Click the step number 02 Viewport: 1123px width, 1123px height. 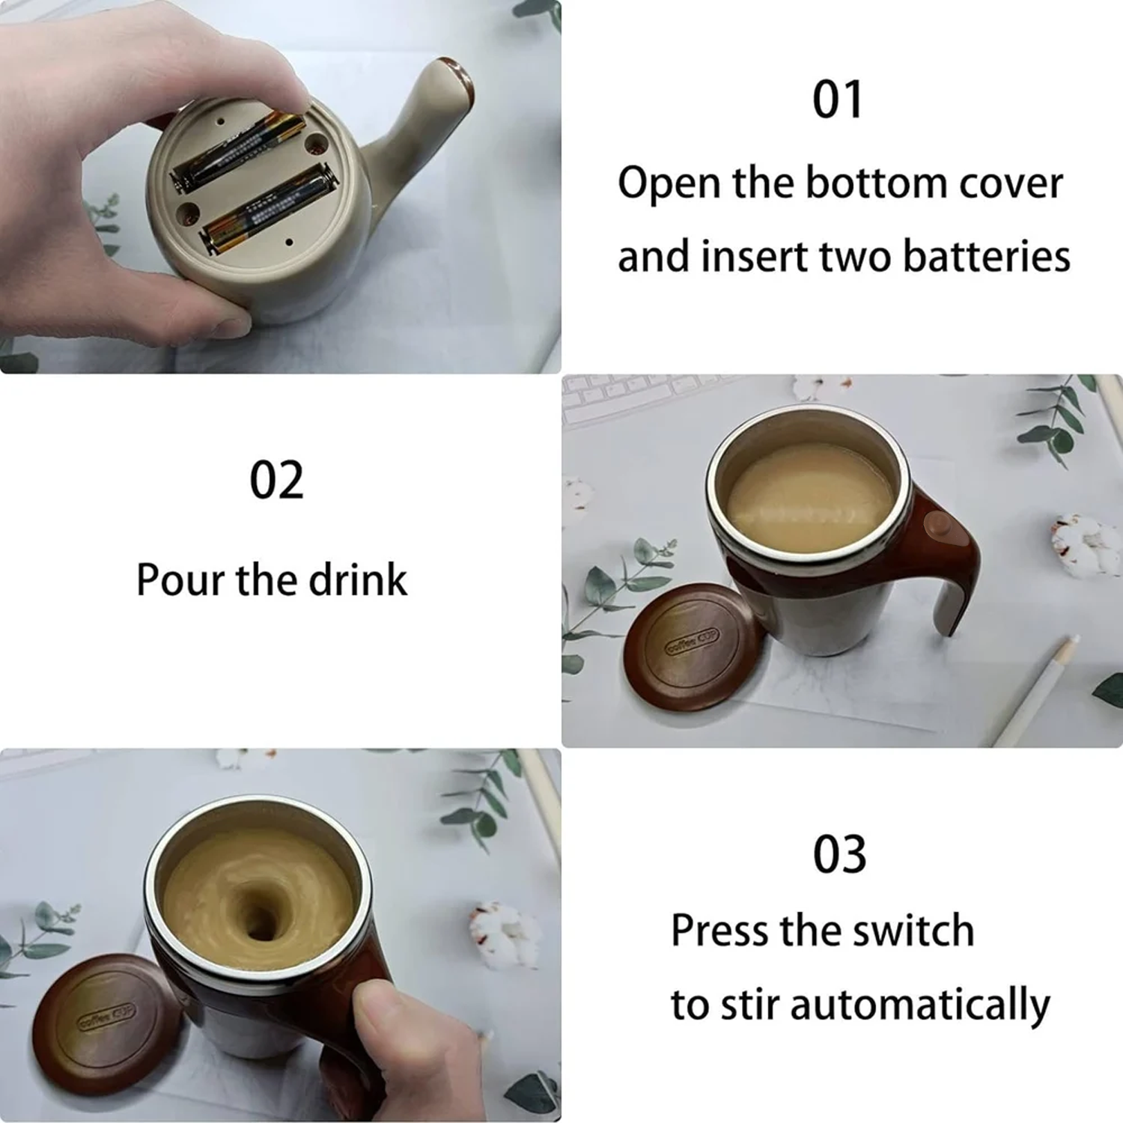click(276, 481)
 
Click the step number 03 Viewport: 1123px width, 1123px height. click(839, 854)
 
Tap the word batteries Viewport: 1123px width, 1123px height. click(986, 256)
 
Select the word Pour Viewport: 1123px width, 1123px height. click(180, 579)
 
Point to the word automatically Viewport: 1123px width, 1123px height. click(920, 1005)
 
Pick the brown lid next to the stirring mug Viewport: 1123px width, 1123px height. click(105, 1021)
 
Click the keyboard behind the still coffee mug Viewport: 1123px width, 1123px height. click(636, 393)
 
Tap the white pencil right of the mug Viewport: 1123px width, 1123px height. click(1041, 689)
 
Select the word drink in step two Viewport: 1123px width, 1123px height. click(358, 579)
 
